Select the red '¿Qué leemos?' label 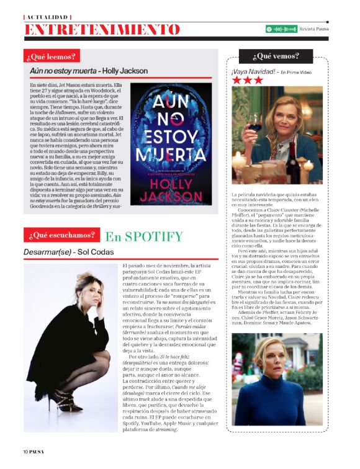click(x=52, y=57)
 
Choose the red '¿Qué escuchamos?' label click(x=61, y=236)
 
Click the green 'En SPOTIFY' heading click(x=143, y=236)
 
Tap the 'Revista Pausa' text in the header click(x=314, y=29)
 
